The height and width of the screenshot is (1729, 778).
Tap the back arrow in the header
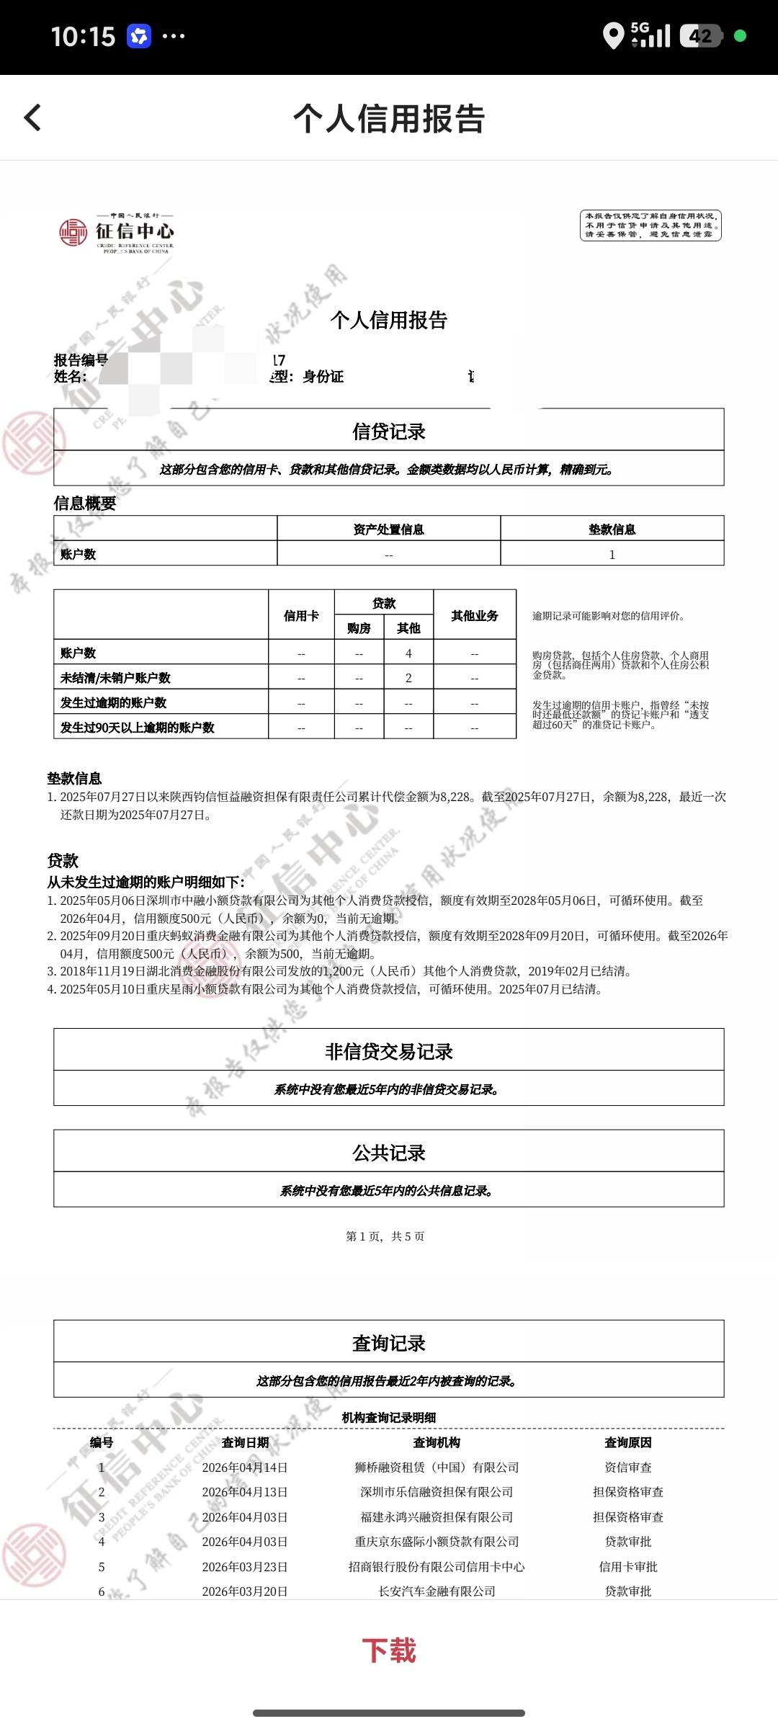coord(33,117)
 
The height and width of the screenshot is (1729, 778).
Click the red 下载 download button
coord(389,1650)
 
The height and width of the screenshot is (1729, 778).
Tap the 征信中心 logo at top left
coord(117,232)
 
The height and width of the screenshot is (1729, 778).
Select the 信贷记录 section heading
coord(389,431)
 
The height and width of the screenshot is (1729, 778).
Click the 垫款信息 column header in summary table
coord(612,530)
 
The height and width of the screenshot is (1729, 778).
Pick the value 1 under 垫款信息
coord(612,554)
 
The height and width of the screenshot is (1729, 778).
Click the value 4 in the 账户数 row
coord(408,653)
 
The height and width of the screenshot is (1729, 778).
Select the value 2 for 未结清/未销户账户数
coord(408,677)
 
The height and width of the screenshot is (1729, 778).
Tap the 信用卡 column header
coord(301,615)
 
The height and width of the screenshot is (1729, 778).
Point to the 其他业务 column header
coord(475,615)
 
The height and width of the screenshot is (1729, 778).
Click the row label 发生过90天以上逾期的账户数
coord(138,727)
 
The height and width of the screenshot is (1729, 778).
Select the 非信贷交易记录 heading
coord(389,1051)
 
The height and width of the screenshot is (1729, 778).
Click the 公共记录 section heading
coord(389,1153)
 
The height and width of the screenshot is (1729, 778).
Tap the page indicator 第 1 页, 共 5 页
coord(385,1236)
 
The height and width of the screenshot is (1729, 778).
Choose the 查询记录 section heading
coord(389,1343)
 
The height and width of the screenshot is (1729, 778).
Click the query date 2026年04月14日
coord(245,1467)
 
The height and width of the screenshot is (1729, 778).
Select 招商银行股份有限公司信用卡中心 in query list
coord(437,1566)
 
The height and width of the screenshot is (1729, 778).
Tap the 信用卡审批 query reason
coord(628,1566)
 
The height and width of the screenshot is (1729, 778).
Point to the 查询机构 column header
coord(437,1442)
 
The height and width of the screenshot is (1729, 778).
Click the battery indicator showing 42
coord(701,36)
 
